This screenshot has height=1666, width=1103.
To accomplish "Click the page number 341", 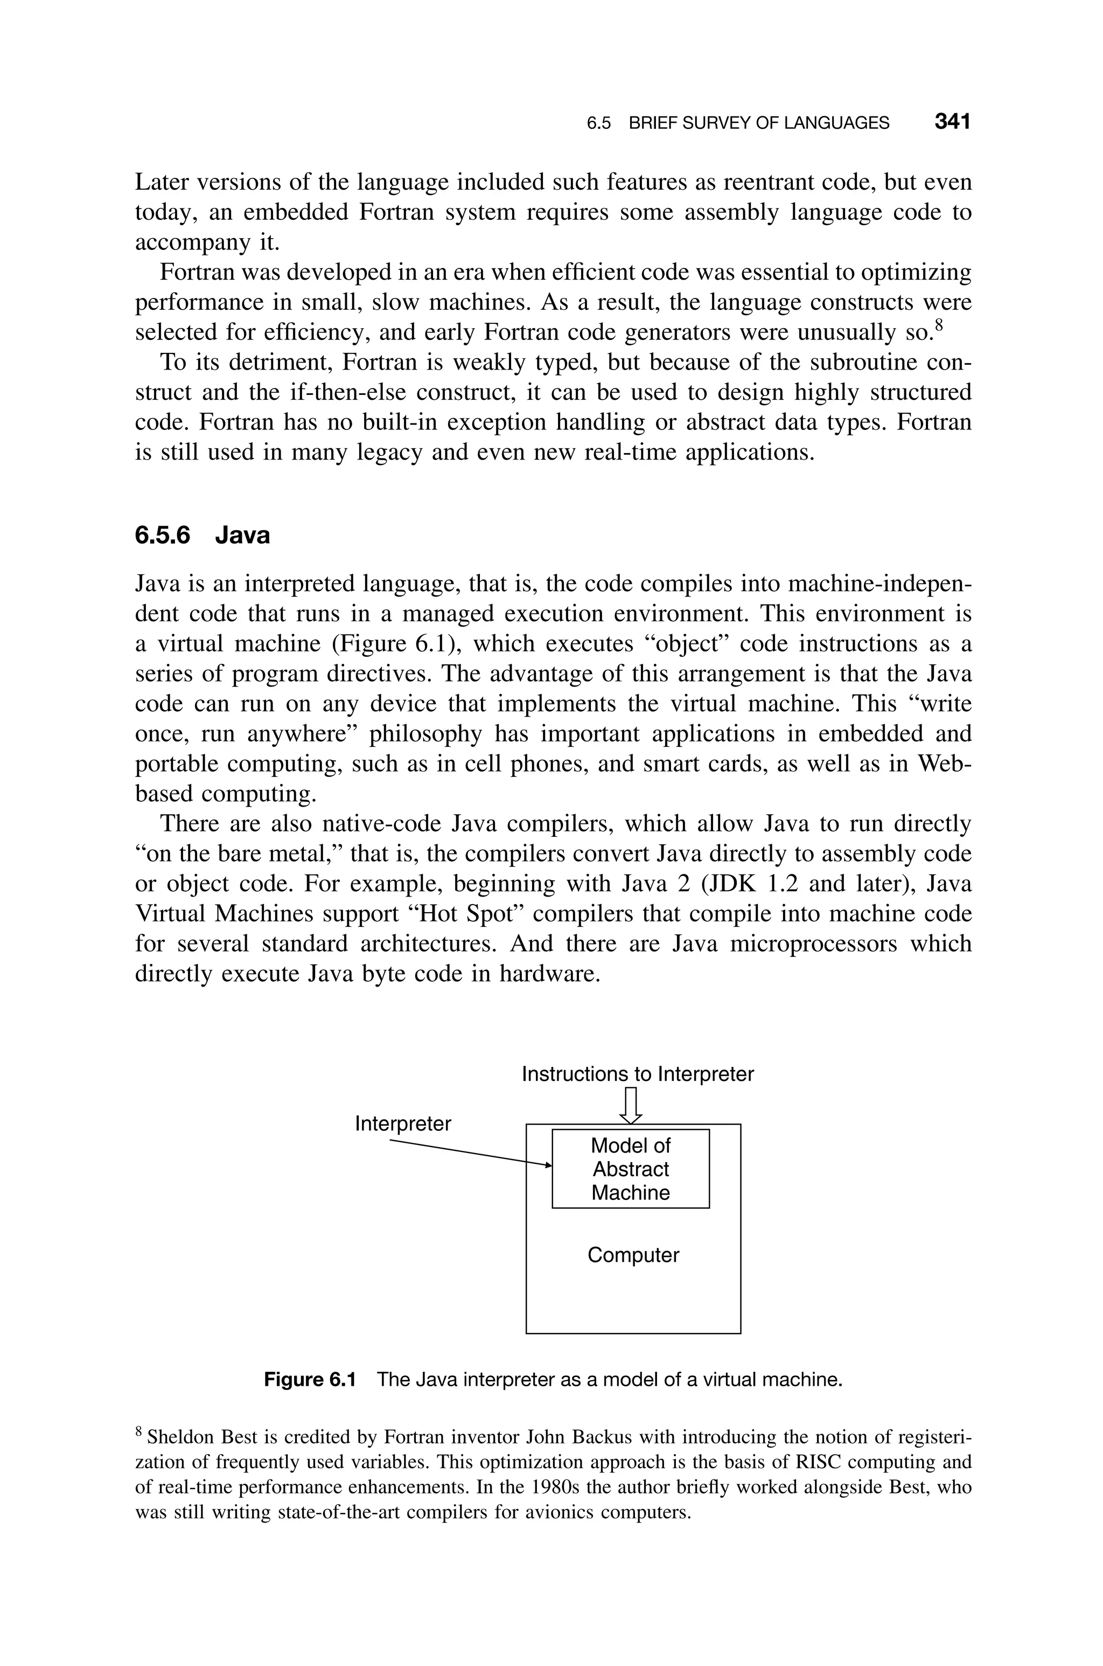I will (x=952, y=122).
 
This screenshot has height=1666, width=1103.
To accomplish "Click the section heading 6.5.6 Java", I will (x=202, y=536).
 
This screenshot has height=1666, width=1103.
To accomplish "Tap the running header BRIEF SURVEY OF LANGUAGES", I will (x=758, y=123).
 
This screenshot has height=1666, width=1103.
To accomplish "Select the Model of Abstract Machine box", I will (x=630, y=1169).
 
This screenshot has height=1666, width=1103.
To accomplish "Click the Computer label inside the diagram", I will (x=633, y=1255).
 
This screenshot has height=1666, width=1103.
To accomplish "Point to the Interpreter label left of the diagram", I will (x=402, y=1123).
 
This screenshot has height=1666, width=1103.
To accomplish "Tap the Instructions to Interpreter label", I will (x=637, y=1074).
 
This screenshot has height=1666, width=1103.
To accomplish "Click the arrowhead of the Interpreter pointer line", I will (x=549, y=1165).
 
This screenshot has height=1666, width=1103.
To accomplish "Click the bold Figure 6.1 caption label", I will (x=310, y=1380).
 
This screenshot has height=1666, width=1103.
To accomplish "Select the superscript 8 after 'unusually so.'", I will (x=937, y=324).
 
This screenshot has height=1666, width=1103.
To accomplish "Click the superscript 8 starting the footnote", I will (x=138, y=1431).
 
